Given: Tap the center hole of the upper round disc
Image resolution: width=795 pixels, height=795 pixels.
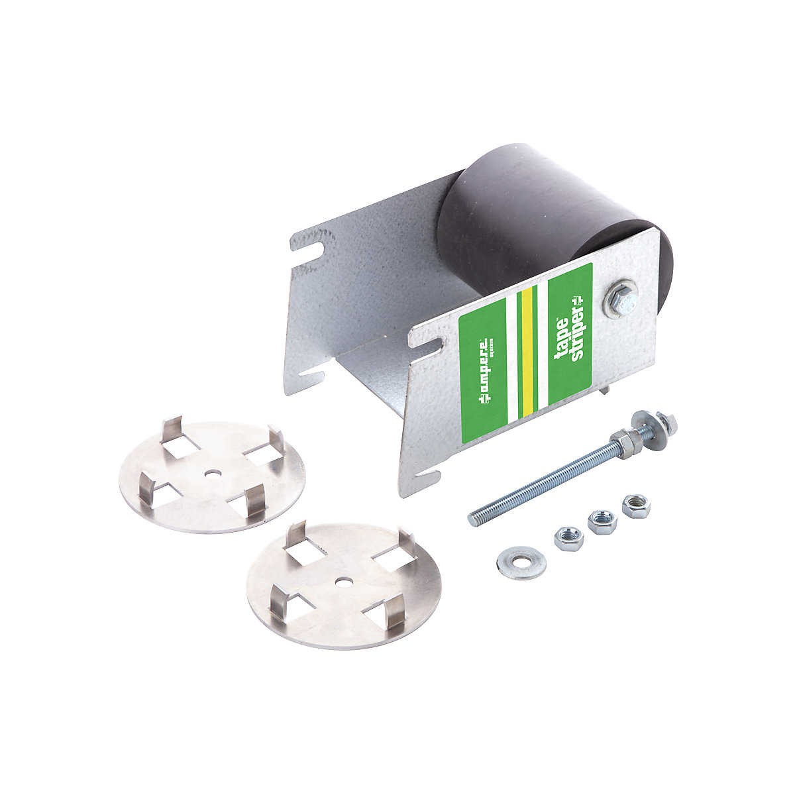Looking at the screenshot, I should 211,472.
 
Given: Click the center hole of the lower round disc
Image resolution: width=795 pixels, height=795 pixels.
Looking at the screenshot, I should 343,581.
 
